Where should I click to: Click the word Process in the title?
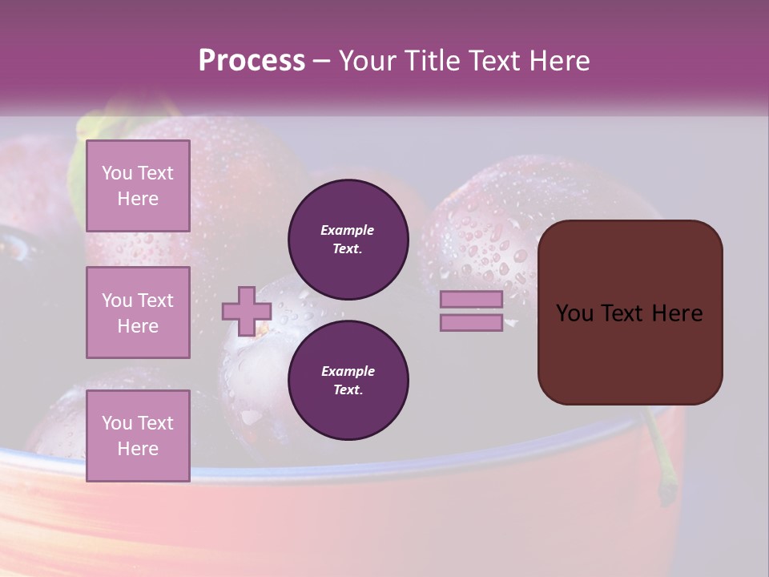click(x=252, y=61)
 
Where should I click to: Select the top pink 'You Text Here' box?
click(x=138, y=186)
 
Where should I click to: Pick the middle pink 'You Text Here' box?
click(x=138, y=313)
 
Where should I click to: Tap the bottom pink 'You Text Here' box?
click(x=138, y=435)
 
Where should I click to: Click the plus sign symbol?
click(x=247, y=311)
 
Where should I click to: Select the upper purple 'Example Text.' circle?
click(x=348, y=240)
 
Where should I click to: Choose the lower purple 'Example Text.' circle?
click(x=348, y=381)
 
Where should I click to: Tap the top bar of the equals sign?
click(x=471, y=300)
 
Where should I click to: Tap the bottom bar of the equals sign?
click(x=471, y=323)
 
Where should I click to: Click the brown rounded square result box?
click(x=630, y=353)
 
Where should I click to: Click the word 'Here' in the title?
click(x=559, y=61)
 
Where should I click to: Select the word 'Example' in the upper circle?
click(x=348, y=230)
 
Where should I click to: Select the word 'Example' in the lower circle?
click(x=348, y=371)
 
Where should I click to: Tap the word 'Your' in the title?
click(x=368, y=61)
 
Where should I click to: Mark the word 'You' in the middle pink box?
click(x=116, y=301)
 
